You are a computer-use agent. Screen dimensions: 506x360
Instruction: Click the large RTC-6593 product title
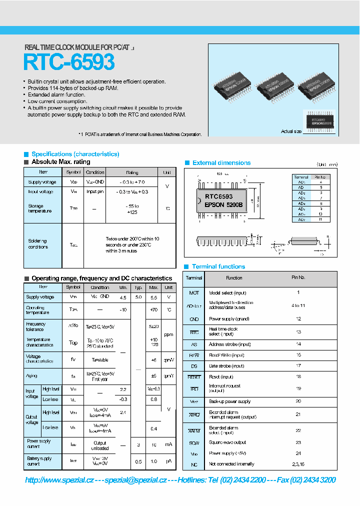69,62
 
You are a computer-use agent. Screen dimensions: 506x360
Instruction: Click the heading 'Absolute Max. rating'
60,162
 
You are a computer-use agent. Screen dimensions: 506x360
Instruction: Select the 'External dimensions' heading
221,163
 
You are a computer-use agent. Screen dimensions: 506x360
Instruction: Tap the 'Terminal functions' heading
218,267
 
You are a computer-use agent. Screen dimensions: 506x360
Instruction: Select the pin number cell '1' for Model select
298,293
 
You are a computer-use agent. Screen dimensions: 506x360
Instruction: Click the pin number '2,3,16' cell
298,464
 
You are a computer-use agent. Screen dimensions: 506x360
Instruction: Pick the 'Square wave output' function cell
227,442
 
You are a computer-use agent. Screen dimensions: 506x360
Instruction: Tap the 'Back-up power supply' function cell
229,402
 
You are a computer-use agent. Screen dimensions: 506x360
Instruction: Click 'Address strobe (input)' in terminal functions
229,344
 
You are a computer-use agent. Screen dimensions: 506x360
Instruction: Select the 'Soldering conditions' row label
38,244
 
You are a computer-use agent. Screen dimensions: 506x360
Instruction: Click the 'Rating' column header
132,172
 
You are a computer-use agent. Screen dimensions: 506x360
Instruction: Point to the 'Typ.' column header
138,288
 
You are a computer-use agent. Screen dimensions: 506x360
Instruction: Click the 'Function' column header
234,278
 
